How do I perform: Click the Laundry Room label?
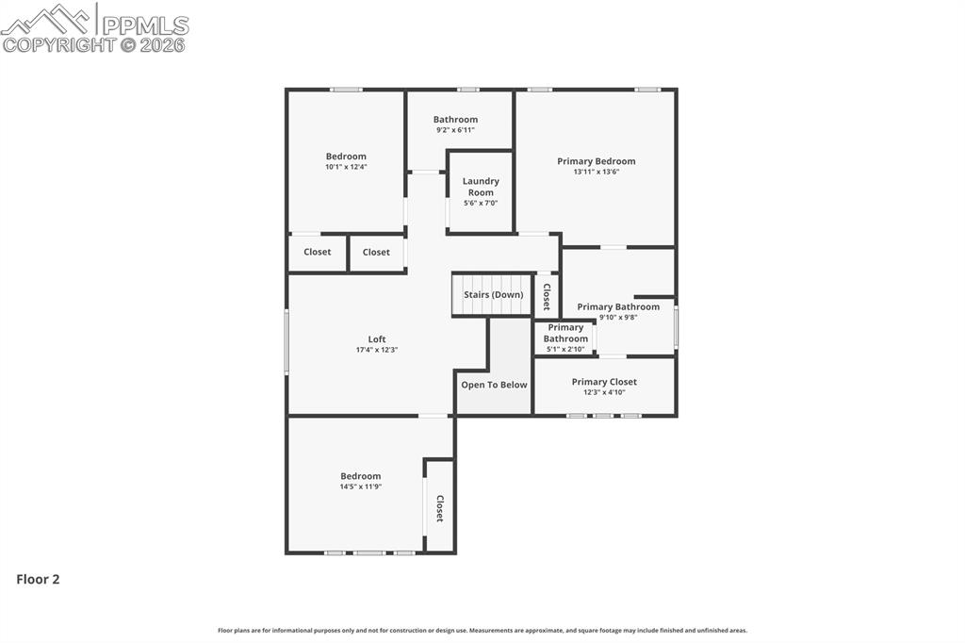point(481,187)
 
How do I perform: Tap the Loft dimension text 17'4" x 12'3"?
point(377,350)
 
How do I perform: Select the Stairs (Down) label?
point(493,295)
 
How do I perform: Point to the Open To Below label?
point(494,385)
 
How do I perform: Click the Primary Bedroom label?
point(596,161)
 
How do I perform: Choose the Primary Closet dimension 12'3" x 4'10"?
point(604,392)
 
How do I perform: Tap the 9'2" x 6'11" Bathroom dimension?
point(455,130)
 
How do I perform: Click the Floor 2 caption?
point(38,580)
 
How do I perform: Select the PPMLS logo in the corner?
point(94,27)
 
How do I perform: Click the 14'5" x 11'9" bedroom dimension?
point(360,486)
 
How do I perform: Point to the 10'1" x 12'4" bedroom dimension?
point(346,167)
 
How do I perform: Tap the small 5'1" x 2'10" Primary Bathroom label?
point(565,350)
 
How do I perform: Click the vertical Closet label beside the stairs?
point(547,296)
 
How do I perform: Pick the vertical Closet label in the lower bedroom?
point(439,509)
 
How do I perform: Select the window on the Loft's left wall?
point(286,341)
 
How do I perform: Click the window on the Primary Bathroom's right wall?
point(676,327)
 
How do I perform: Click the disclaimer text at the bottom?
point(482,631)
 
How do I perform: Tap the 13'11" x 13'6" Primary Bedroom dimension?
point(596,173)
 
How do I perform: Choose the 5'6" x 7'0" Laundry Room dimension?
point(481,204)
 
